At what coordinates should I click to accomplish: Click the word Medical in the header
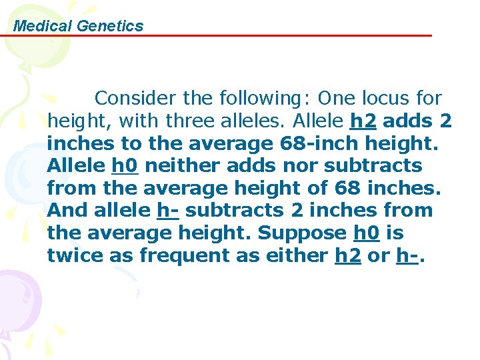pyautogui.click(x=42, y=26)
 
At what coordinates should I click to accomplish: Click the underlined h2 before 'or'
pyautogui.click(x=348, y=256)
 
